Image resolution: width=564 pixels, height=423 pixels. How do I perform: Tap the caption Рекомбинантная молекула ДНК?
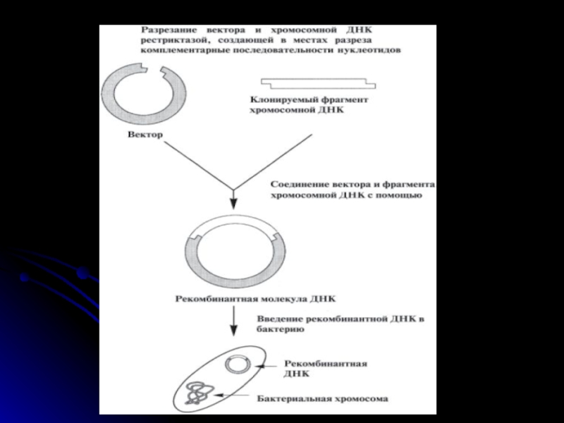247,298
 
